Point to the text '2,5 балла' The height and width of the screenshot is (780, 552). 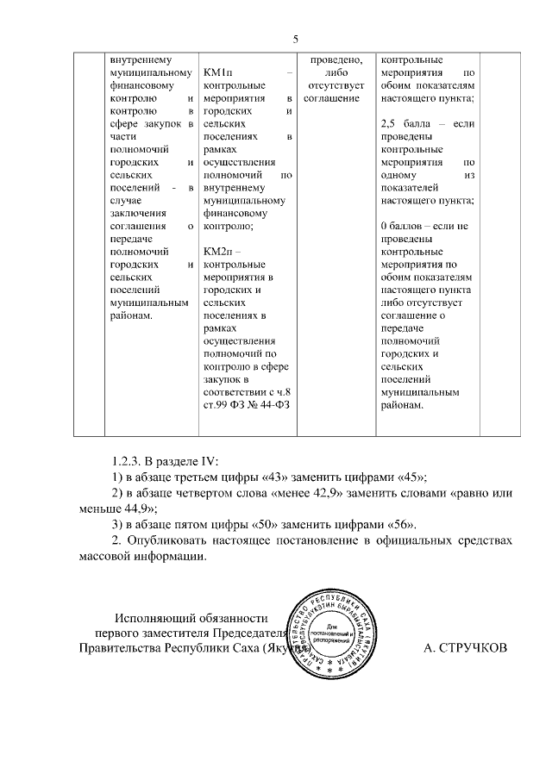pos(408,125)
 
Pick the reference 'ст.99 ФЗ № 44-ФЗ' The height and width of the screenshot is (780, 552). pos(246,404)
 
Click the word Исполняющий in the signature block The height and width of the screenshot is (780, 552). pos(161,617)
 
